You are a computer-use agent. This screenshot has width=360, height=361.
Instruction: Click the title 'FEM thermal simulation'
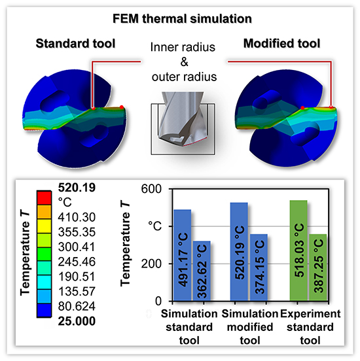180,14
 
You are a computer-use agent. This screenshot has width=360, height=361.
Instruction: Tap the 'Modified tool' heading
283,45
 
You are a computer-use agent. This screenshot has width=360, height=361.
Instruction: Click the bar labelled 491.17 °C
183,255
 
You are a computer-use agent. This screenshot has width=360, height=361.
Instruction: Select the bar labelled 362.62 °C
202,271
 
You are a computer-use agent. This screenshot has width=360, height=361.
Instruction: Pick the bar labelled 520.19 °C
240,252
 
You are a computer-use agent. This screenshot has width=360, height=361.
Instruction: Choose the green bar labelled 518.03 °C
298,250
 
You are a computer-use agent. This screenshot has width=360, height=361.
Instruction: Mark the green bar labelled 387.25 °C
317,267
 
